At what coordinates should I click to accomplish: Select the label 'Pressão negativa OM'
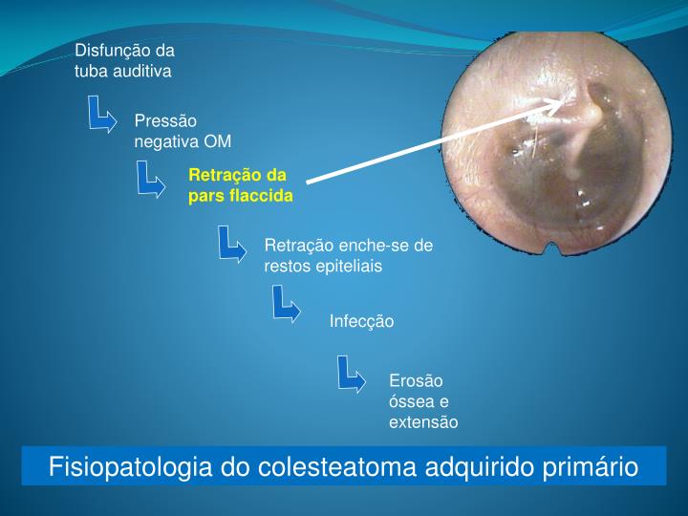tap(183, 131)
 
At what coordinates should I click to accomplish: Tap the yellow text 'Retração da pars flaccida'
tap(240, 185)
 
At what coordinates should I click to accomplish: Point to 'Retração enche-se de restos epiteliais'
tap(348, 255)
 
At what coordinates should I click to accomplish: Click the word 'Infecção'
tap(361, 321)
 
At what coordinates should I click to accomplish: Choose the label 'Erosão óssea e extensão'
tap(423, 400)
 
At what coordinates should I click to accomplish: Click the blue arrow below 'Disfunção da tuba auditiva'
tap(101, 115)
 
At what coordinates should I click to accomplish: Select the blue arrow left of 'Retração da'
tap(150, 179)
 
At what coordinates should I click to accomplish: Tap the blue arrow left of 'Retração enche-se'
tap(231, 244)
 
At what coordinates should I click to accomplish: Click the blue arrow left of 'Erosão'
tap(352, 375)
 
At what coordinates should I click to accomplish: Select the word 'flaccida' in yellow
tap(260, 195)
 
